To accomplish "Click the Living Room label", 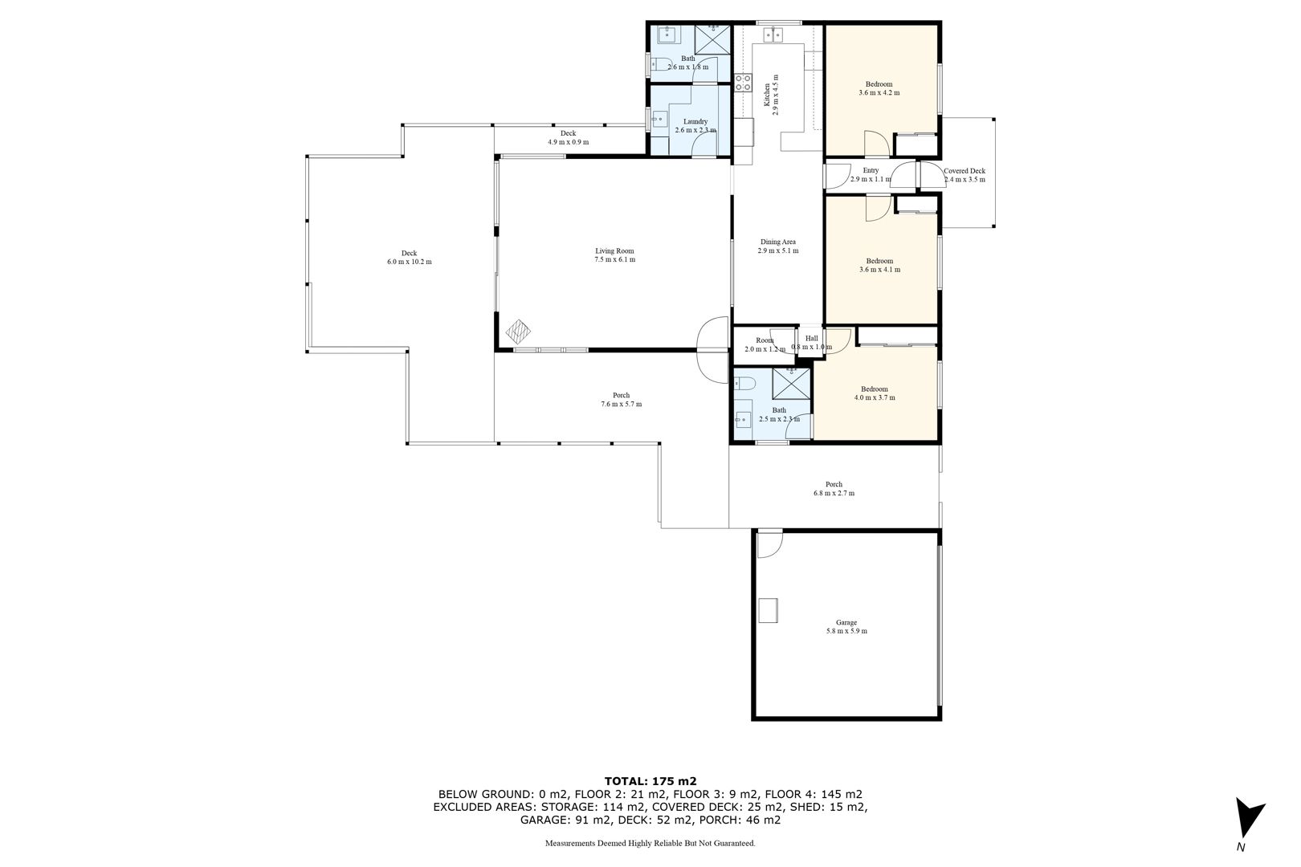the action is pyautogui.click(x=614, y=250).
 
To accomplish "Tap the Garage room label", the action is pyautogui.click(x=846, y=622).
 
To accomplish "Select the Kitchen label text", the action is pyautogui.click(x=767, y=95).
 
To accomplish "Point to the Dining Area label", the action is pyautogui.click(x=777, y=242).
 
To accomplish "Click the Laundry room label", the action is pyautogui.click(x=695, y=121).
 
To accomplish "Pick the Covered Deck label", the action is pyautogui.click(x=965, y=171).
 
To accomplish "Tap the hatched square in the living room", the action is pyautogui.click(x=518, y=332).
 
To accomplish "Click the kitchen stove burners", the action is pyautogui.click(x=743, y=82).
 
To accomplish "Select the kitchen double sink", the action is pyautogui.click(x=773, y=35).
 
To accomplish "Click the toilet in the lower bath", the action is pyautogui.click(x=744, y=383).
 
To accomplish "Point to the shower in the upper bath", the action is pyautogui.click(x=712, y=39).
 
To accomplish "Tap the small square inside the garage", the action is pyautogui.click(x=768, y=610).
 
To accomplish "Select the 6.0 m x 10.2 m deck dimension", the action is pyautogui.click(x=410, y=262).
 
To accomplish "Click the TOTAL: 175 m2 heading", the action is pyautogui.click(x=650, y=781).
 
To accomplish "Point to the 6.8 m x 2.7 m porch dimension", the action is pyautogui.click(x=834, y=494).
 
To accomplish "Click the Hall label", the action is pyautogui.click(x=811, y=339).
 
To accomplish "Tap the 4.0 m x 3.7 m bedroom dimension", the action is pyautogui.click(x=875, y=398).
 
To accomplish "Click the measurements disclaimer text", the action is pyautogui.click(x=650, y=843).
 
